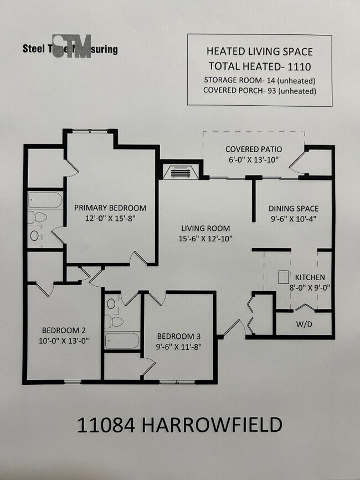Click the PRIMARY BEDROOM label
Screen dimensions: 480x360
pos(111,208)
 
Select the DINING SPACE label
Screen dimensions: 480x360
pos(294,209)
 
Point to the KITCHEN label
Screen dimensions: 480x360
pos(310,277)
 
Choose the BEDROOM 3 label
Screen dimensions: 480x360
pos(178,336)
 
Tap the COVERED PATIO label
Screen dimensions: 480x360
pos(254,149)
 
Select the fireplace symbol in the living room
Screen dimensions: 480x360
pos(179,172)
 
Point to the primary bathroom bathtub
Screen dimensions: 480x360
pos(45,200)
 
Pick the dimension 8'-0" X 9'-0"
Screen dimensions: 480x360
pos(310,288)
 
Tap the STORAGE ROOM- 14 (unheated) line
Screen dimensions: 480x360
pos(259,80)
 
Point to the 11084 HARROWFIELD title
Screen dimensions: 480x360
pos(179,425)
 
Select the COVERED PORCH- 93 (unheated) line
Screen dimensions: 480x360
pos(259,91)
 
